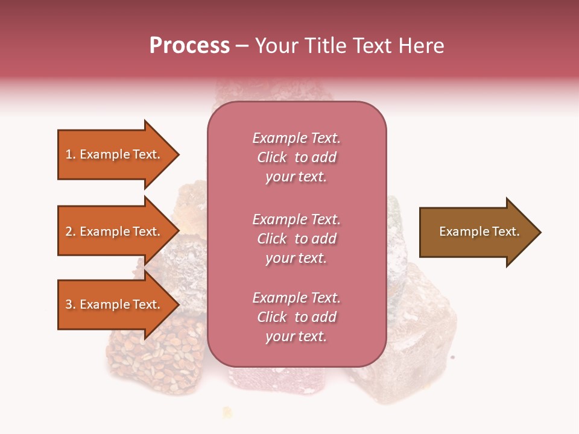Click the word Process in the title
[x=189, y=46]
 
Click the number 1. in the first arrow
[x=71, y=154]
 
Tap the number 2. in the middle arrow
[x=71, y=231]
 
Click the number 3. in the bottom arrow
[x=71, y=304]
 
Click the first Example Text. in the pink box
[x=296, y=138]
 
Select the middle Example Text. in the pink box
[x=296, y=219]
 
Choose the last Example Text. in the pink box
[x=296, y=298]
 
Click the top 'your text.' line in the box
[x=296, y=177]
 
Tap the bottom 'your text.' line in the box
[x=296, y=337]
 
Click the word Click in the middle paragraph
[x=272, y=239]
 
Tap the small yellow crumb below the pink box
[x=227, y=412]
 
